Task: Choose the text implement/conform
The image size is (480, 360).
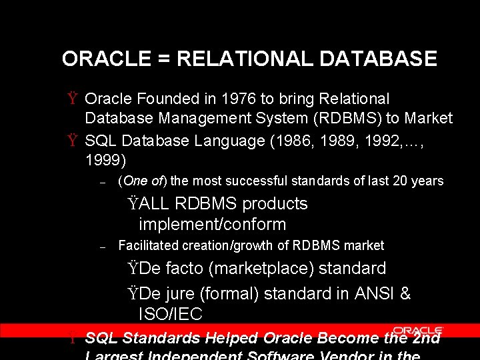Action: point(212,225)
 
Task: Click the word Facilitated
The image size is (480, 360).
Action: point(146,245)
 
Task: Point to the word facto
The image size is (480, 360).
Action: point(188,269)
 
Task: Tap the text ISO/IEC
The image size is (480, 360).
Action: point(170,314)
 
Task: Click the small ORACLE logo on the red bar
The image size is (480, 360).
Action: point(417,330)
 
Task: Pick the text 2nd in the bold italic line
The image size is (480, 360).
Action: point(427,339)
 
